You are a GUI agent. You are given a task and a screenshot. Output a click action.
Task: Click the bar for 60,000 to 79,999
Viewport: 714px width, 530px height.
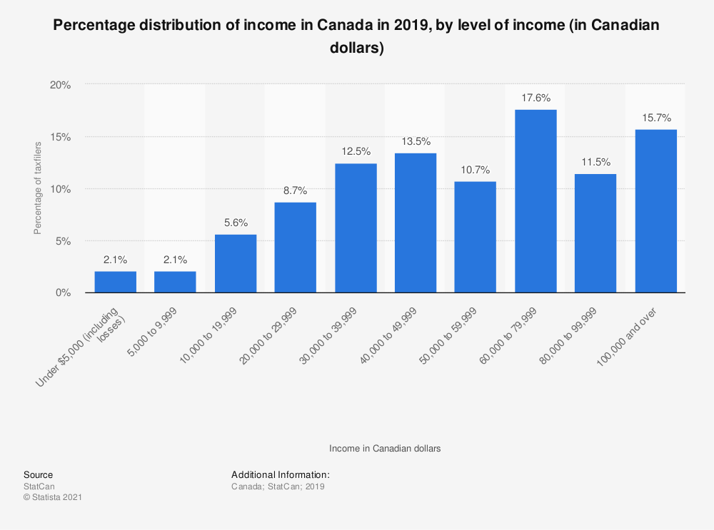pyautogui.click(x=535, y=201)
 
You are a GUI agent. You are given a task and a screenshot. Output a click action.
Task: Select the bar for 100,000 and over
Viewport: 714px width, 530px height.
pyautogui.click(x=655, y=211)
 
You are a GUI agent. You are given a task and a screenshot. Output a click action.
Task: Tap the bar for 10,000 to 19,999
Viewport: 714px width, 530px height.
pyautogui.click(x=236, y=263)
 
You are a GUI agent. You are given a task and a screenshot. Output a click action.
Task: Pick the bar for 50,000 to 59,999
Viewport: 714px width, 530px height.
pyautogui.click(x=476, y=237)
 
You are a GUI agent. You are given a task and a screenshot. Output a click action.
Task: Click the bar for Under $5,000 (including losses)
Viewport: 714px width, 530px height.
pyautogui.click(x=116, y=282)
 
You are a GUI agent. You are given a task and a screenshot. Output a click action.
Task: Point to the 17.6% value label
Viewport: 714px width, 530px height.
pyautogui.click(x=535, y=98)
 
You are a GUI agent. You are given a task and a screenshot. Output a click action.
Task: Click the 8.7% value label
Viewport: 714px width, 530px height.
pyautogui.click(x=296, y=190)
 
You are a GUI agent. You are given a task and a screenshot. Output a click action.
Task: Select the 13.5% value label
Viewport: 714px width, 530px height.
pyautogui.click(x=416, y=141)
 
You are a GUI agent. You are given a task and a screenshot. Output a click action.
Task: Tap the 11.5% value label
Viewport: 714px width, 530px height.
pyautogui.click(x=595, y=162)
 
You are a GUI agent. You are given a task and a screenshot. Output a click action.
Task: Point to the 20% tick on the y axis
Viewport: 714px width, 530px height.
pyautogui.click(x=61, y=84)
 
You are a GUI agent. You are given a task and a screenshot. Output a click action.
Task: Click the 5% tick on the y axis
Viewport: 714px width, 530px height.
pyautogui.click(x=63, y=241)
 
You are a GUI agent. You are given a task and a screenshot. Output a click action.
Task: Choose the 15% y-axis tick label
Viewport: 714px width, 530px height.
pyautogui.click(x=61, y=136)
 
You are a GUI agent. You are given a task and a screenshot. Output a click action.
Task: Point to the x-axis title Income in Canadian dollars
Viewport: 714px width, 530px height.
pyautogui.click(x=385, y=449)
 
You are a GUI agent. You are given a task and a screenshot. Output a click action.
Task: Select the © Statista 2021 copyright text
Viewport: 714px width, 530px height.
pyautogui.click(x=53, y=496)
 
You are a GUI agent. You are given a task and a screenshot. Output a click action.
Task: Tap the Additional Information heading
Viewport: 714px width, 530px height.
pyautogui.click(x=281, y=474)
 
